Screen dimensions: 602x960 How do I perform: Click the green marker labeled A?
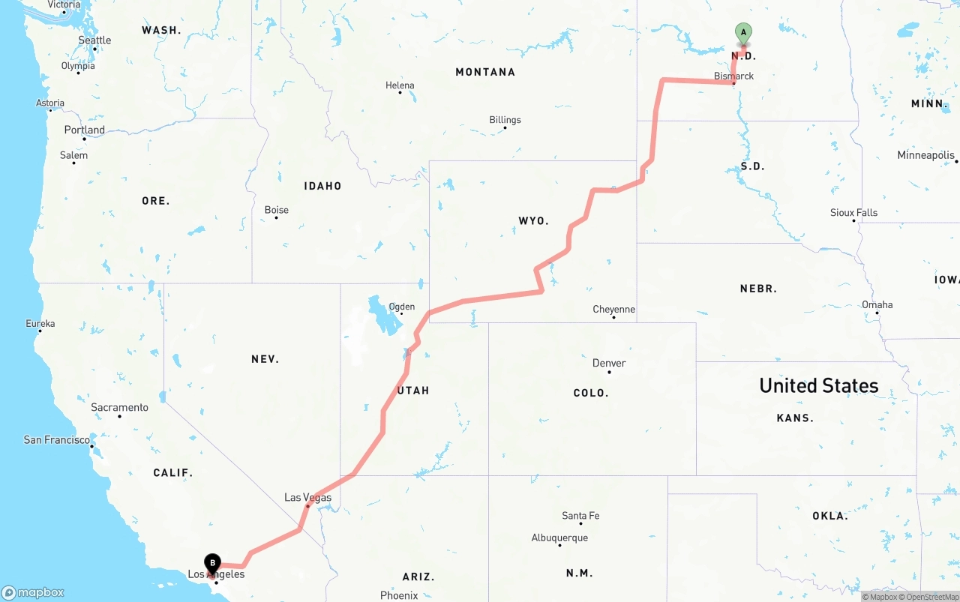point(743,33)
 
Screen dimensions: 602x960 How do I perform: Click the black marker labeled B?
point(213,563)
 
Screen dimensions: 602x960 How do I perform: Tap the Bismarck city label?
point(733,76)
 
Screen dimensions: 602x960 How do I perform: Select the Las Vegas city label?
point(307,498)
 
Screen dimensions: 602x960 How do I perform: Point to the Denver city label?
point(609,364)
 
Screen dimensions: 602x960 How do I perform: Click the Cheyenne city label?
point(613,310)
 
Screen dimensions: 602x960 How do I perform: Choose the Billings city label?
point(505,120)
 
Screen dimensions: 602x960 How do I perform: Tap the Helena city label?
point(400,85)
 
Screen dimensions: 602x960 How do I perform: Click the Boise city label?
point(276,210)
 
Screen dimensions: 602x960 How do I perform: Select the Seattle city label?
point(94,40)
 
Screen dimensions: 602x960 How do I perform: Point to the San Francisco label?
point(56,440)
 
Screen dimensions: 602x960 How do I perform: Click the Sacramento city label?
point(119,408)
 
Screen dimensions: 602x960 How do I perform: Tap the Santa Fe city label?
point(580,516)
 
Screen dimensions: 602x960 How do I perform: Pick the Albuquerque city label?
point(559,538)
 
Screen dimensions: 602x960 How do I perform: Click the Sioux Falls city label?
point(853,213)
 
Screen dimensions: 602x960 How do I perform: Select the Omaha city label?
point(877,305)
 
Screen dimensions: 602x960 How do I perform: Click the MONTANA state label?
point(485,72)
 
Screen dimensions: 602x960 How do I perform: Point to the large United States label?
point(818,385)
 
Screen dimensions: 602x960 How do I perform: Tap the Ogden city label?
point(401,307)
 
